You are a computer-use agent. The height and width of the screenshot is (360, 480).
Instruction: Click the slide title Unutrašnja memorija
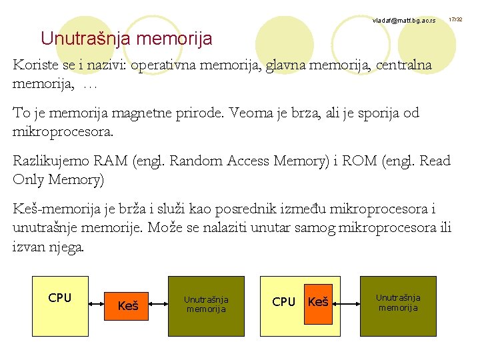coord(126,39)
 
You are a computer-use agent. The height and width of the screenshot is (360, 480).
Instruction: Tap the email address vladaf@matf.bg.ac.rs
coord(404,21)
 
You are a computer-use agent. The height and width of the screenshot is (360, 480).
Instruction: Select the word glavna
coord(293,66)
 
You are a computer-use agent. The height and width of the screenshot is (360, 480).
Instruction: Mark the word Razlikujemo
coord(52,161)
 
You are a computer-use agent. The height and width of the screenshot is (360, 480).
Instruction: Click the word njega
coord(67,247)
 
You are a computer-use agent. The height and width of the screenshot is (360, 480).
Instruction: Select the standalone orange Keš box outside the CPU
coord(127,305)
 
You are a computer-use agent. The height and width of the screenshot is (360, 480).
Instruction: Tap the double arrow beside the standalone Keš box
coord(159,305)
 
